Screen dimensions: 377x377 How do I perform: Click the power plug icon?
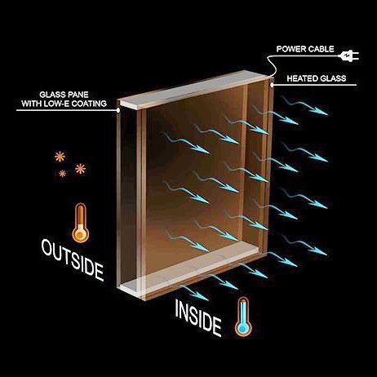tap(348, 56)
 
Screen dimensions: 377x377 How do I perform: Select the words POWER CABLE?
tap(305, 49)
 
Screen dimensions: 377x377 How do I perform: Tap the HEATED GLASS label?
tap(317, 78)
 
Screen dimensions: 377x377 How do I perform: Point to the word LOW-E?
tap(57, 104)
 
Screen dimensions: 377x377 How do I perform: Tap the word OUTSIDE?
tap(73, 259)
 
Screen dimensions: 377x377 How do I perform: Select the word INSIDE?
tap(198, 318)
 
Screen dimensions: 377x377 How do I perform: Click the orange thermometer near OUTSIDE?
tap(81, 223)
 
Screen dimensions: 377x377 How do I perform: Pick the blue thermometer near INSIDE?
tap(243, 317)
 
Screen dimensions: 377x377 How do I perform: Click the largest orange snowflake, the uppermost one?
tap(60, 157)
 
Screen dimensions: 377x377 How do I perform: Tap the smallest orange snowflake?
tap(63, 173)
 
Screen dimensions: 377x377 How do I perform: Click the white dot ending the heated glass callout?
tap(272, 85)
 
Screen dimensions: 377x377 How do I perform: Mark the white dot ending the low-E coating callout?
tap(118, 110)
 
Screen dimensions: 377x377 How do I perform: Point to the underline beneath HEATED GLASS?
tap(315, 85)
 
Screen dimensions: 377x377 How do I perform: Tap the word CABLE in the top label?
tap(321, 49)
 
